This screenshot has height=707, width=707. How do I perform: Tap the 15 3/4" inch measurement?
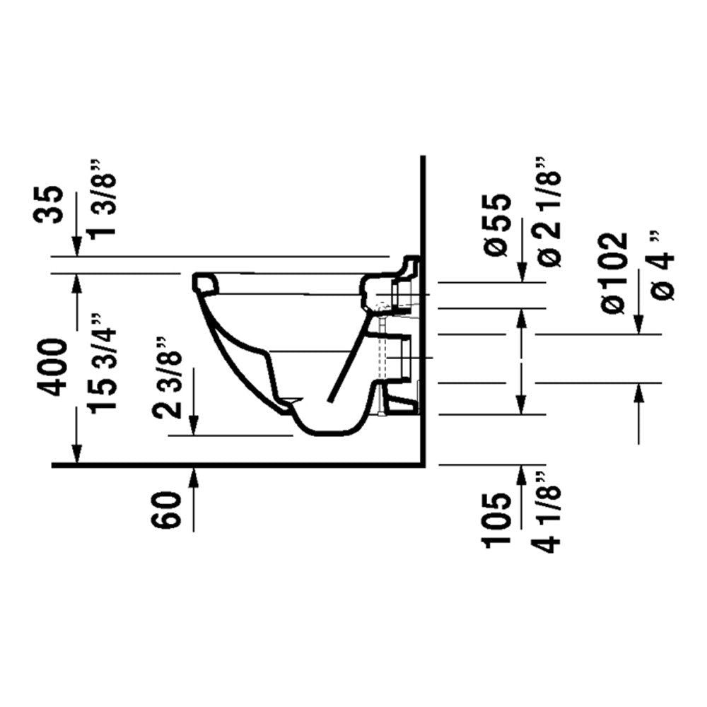(x=103, y=363)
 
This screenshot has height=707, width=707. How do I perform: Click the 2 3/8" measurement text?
(x=168, y=378)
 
